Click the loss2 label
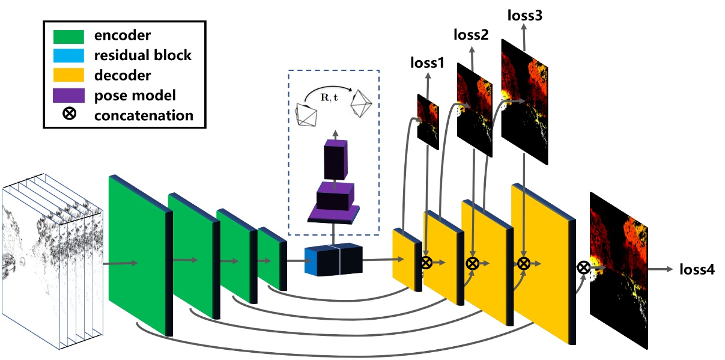pyautogui.click(x=470, y=35)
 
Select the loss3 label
pyautogui.click(x=525, y=15)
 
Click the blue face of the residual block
pyautogui.click(x=310, y=262)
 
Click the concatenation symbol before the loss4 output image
pyautogui.click(x=583, y=267)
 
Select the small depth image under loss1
pyautogui.click(x=428, y=120)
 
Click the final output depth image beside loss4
pyautogui.click(x=619, y=270)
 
